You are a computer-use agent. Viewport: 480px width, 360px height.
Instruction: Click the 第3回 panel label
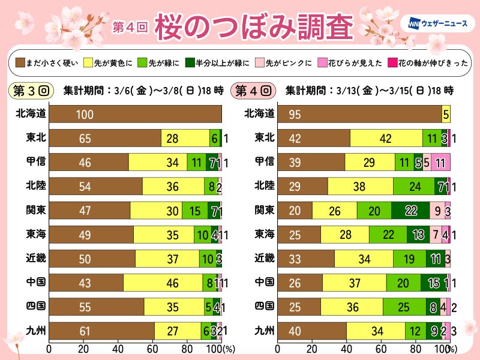[x=31, y=91]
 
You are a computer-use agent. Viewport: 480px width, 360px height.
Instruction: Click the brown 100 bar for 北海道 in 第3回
[x=135, y=114]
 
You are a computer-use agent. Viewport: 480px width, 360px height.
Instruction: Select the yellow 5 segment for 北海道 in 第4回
[x=446, y=114]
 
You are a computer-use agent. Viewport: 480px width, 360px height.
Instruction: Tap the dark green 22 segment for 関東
[x=410, y=210]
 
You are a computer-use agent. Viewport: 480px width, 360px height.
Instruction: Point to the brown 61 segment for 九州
[x=101, y=330]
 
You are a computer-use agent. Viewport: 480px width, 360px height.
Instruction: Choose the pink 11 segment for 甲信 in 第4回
[x=440, y=162]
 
